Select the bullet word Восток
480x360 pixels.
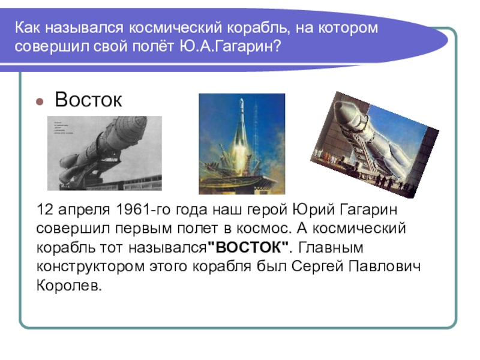click(x=88, y=100)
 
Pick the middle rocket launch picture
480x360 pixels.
click(x=242, y=144)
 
